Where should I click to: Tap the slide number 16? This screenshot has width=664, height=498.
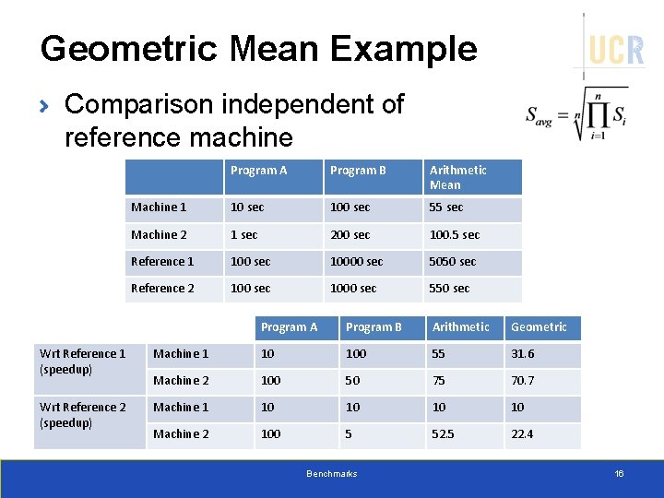coord(619,473)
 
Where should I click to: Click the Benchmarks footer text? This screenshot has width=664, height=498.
coord(331,473)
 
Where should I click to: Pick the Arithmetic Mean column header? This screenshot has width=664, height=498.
coord(458,177)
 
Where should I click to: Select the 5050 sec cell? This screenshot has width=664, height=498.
coord(453,262)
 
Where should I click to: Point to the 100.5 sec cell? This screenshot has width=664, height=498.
coord(454,235)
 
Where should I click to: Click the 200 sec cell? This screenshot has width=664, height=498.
coord(350,235)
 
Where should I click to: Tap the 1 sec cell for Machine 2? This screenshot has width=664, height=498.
coord(244,235)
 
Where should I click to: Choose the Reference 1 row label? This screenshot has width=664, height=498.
coord(162,262)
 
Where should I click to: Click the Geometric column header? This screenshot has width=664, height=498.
coord(539,327)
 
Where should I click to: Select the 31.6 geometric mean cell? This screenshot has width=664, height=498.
coord(522,354)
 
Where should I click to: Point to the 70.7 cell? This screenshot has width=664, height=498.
coord(522,381)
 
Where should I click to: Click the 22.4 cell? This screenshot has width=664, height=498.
coord(522,434)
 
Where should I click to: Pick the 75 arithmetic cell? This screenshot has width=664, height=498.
coord(439,381)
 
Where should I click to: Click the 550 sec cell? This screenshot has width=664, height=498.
coord(449,289)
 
